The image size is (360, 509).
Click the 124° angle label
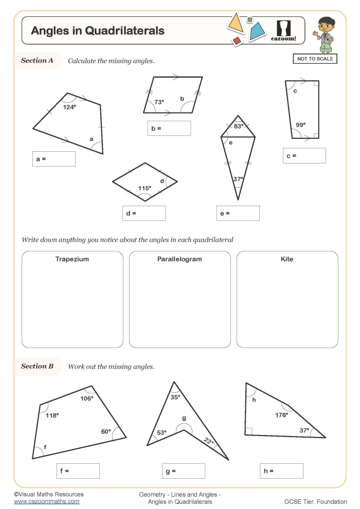point(69,107)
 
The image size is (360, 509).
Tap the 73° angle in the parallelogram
point(159,102)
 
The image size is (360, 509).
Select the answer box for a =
point(53,159)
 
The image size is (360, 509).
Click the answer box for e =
point(238,213)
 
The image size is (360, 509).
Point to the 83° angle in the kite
point(238,126)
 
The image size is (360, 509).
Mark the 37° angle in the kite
point(238,179)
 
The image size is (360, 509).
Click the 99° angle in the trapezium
point(300,125)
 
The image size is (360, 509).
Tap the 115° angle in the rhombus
point(145,188)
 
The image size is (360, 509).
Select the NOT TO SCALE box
point(315,59)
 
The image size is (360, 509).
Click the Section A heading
point(37,61)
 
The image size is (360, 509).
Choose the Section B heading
point(37,367)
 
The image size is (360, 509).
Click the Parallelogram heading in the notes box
point(179,259)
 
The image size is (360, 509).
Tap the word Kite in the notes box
point(287,259)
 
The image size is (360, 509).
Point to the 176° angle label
point(281,415)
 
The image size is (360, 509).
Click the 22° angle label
point(208,441)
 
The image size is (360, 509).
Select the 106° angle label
point(86,398)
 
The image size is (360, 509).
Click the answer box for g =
point(183,470)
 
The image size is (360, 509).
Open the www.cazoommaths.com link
point(46,501)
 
